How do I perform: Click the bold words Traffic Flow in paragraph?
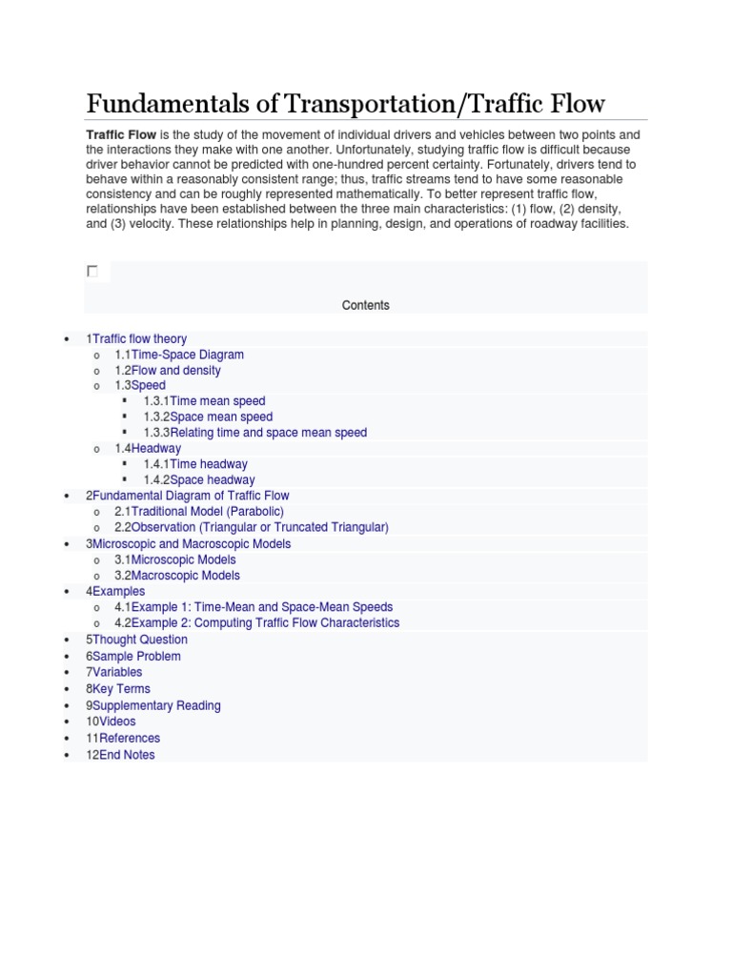121,135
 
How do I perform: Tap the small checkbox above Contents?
92,272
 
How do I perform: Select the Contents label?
366,306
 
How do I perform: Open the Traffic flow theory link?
139,338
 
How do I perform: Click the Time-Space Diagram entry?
187,355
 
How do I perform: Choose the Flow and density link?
175,370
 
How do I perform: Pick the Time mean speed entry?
217,401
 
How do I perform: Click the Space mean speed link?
220,417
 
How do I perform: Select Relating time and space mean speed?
268,433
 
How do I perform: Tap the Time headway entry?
208,464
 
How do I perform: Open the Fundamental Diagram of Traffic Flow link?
191,496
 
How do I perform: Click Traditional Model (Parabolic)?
207,512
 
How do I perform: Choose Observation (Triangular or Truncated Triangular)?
259,527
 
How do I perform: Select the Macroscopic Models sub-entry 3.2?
185,576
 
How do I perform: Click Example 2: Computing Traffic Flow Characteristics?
265,622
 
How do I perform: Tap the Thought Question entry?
139,640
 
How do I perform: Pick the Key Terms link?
121,688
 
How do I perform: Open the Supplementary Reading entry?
156,705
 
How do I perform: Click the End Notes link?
127,755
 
